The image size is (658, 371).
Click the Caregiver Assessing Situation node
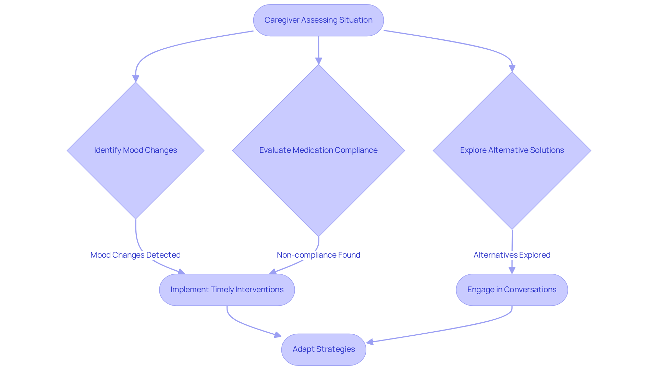pos(318,20)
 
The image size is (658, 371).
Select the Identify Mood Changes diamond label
pos(135,150)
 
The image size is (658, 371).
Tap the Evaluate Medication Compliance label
pos(318,150)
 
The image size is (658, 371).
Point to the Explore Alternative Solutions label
pos(512,150)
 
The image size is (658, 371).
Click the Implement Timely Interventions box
pos(227,290)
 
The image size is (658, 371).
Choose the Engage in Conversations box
pos(512,290)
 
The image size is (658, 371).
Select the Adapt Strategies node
pos(324,349)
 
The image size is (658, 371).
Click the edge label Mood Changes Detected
pos(135,255)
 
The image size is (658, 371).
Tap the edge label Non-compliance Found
pos(318,255)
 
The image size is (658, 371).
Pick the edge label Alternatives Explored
pos(512,255)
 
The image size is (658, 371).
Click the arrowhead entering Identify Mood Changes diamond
pos(136,79)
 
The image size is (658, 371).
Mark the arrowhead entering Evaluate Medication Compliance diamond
pos(319,61)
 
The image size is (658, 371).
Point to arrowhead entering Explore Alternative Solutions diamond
pos(512,68)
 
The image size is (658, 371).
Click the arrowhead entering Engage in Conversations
pos(512,270)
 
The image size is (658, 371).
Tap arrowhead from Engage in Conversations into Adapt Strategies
pos(370,342)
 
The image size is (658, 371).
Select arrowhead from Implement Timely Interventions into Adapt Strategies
pos(278,335)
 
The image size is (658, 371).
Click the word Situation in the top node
pos(356,20)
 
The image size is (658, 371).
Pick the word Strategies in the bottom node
pos(336,349)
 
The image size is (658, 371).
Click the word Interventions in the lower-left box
pos(259,290)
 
